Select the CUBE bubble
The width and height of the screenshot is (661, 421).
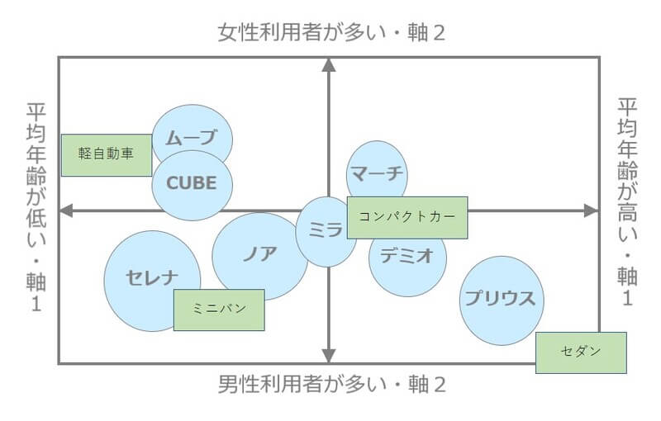[191, 183]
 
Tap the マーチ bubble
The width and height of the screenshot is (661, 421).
[376, 172]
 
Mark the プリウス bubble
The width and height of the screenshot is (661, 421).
[503, 299]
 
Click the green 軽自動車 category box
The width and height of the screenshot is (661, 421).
[107, 154]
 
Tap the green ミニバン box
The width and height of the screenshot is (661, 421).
[219, 310]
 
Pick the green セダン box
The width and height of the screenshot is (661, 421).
[580, 352]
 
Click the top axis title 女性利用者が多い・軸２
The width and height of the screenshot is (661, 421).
[331, 34]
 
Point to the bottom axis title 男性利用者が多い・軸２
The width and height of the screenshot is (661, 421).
[331, 386]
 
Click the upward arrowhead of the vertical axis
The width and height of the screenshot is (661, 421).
[329, 65]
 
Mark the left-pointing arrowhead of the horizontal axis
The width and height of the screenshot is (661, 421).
[66, 210]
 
